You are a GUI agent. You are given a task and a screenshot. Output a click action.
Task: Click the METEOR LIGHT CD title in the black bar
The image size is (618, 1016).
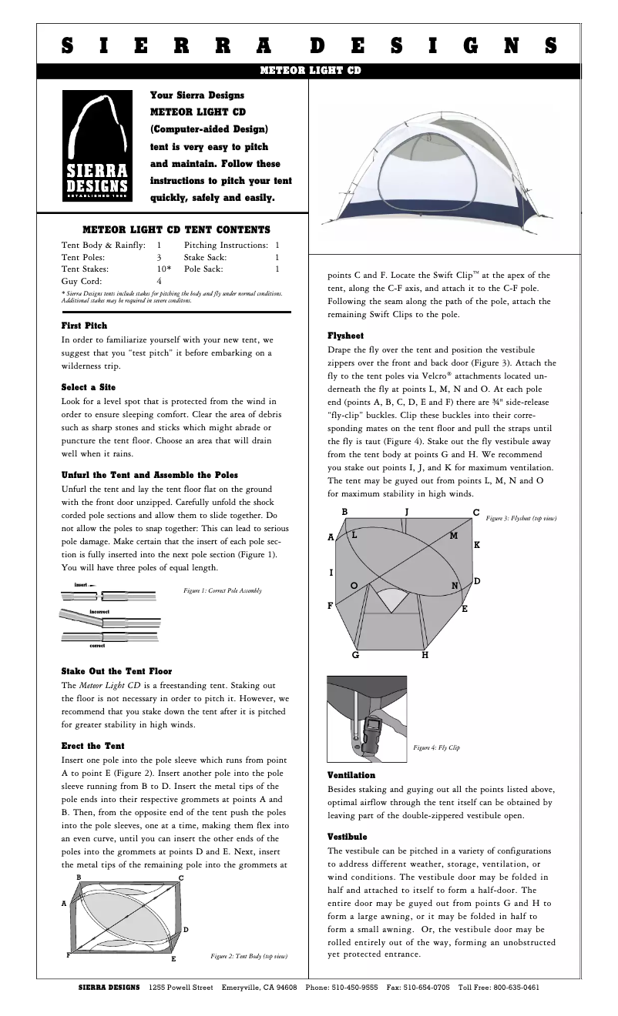[308, 71]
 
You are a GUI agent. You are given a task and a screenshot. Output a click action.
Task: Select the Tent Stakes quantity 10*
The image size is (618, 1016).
[163, 269]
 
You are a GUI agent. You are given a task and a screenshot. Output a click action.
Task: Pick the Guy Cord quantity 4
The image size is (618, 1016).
[160, 282]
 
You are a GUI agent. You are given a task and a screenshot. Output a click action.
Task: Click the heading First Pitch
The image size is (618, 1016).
[84, 326]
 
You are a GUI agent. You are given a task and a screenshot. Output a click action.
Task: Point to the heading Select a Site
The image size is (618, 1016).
[89, 386]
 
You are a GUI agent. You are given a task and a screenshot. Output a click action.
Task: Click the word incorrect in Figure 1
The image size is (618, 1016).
[99, 611]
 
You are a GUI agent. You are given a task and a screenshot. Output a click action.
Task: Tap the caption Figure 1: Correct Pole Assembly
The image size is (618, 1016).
[223, 590]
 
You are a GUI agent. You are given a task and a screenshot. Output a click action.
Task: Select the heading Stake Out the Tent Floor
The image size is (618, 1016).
[116, 671]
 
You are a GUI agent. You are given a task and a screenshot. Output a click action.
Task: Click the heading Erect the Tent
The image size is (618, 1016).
[92, 746]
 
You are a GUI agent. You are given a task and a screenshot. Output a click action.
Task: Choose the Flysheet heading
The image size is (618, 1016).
[346, 336]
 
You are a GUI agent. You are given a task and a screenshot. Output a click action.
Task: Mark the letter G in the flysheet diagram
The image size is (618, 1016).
[355, 655]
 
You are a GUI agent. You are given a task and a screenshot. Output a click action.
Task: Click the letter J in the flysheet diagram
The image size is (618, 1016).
[407, 511]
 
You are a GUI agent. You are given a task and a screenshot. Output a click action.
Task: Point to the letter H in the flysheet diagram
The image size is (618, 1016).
[425, 655]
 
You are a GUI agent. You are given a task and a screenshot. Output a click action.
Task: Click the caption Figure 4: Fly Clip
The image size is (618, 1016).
[436, 747]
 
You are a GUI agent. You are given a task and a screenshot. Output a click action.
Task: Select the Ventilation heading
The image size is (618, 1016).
[351, 775]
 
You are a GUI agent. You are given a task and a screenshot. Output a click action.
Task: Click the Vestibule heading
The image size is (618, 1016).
[348, 836]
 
